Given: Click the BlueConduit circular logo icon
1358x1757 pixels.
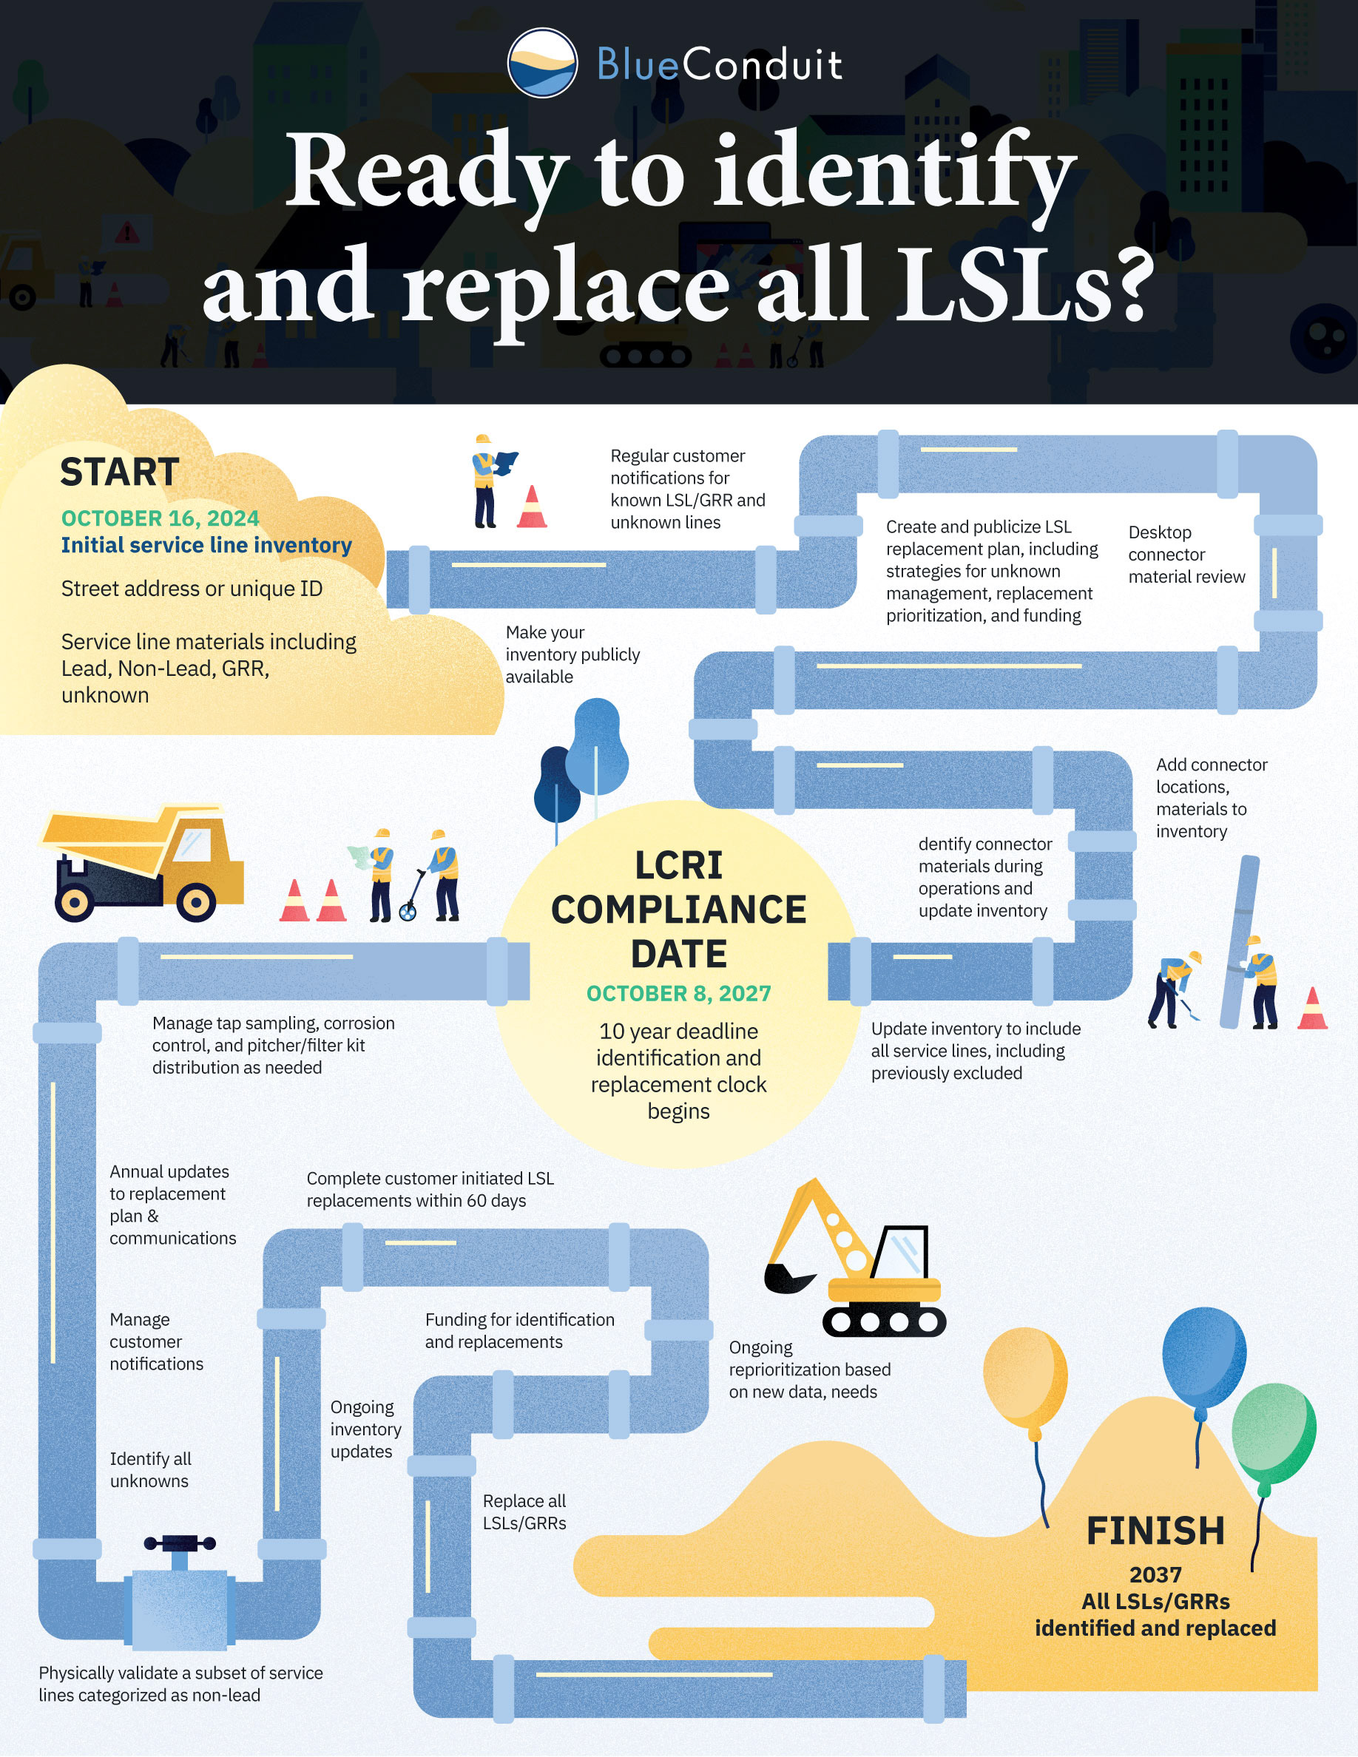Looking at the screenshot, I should click(541, 63).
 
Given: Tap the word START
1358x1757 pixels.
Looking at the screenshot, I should click(119, 473).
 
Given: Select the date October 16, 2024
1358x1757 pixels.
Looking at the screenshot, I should click(160, 518).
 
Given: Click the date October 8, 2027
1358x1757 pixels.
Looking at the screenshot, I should click(678, 994).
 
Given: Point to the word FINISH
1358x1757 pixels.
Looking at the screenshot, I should click(1155, 1531).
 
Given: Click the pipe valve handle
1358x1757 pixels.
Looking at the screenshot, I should click(180, 1544).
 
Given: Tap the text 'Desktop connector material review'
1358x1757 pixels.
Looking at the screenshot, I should click(1186, 555).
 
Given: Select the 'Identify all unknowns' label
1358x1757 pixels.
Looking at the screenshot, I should click(150, 1470).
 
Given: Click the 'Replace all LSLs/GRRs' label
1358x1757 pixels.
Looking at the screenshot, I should click(524, 1511).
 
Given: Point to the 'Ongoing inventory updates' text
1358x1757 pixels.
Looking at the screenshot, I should click(365, 1429).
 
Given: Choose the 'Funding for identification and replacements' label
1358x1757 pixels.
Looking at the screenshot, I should click(519, 1330).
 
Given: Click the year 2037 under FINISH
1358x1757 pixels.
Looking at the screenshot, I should click(1155, 1575).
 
